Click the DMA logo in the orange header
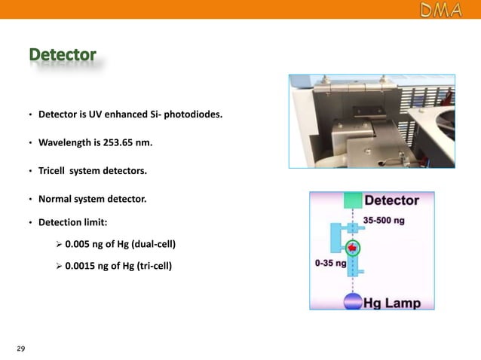[x=442, y=10]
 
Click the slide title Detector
[x=63, y=56]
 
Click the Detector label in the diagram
[x=391, y=201]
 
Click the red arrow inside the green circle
[x=352, y=248]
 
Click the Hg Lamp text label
[x=392, y=303]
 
